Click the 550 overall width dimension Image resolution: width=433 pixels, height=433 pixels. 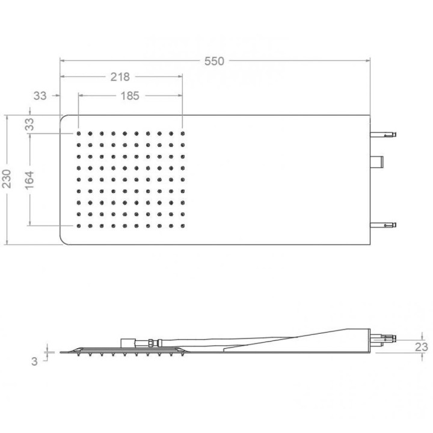(x=214, y=61)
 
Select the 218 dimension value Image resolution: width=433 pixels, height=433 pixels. (x=120, y=77)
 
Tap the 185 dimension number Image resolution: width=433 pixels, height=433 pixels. (x=130, y=96)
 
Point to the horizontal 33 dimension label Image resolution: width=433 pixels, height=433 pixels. (x=40, y=96)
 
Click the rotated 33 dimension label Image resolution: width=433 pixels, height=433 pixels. (x=29, y=124)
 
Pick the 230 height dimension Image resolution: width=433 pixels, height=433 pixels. (x=7, y=179)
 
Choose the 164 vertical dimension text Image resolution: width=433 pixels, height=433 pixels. (x=29, y=180)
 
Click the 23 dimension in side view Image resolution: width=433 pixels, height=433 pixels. (x=422, y=347)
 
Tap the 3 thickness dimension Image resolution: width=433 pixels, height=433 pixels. (x=34, y=361)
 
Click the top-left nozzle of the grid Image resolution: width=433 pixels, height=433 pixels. (x=79, y=134)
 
